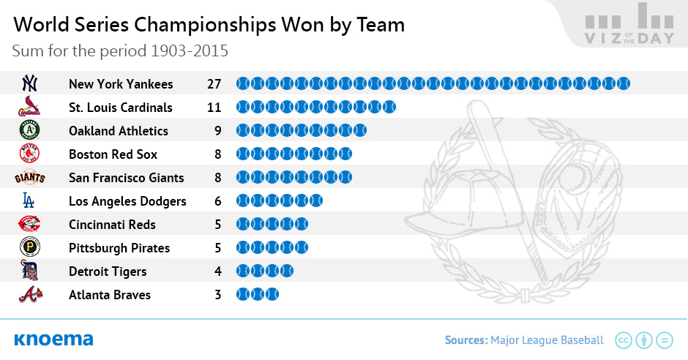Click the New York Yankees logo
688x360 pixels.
pos(30,83)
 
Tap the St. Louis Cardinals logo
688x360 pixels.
pos(29,106)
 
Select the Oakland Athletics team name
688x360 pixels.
pos(119,131)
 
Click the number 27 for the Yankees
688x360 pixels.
pos(214,83)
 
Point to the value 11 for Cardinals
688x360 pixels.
pos(214,108)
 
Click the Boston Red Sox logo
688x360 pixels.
pos(30,154)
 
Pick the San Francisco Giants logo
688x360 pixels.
pos(30,177)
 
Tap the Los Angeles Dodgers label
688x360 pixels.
pos(127,201)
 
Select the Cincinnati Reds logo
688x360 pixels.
pos(29,224)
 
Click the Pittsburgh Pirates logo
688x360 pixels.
pos(30,247)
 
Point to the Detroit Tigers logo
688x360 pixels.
pos(30,270)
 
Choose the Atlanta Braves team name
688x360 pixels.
pos(110,295)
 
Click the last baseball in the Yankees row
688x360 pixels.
pos(623,83)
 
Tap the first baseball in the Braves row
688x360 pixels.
pos(243,294)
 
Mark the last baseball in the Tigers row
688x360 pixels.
pos(286,271)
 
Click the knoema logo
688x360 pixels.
pos(53,340)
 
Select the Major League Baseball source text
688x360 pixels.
pos(547,340)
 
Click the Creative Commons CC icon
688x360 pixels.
pos(624,340)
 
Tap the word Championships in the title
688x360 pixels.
pos(205,25)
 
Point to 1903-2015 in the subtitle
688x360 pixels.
pos(190,51)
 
